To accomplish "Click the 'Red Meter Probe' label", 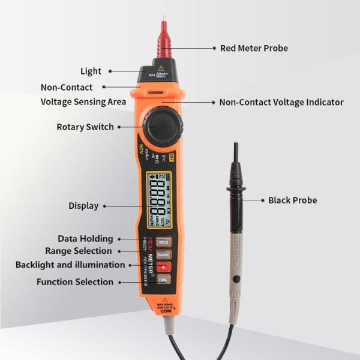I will tap(254, 48).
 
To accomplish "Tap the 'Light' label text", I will tap(91, 71).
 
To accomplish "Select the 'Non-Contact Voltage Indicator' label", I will tap(281, 103).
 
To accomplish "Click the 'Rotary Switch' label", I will tap(85, 127).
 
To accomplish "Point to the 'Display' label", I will tap(83, 206).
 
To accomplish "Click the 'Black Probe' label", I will tap(293, 200).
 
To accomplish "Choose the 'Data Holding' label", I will tap(85, 239).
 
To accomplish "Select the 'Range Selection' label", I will tap(79, 251).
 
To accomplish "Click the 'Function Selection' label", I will tap(75, 282).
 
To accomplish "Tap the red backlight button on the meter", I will tap(164, 267).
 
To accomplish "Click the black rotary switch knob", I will tap(161, 125).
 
